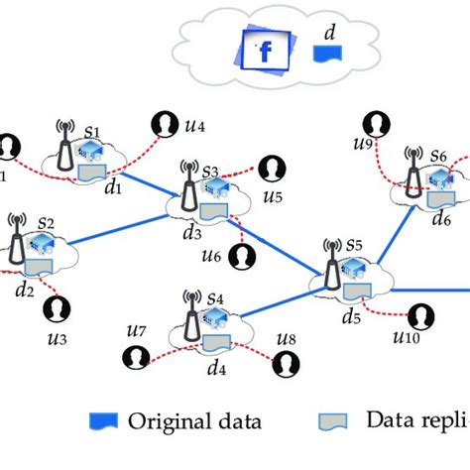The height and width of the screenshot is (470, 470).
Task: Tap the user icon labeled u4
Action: point(163,123)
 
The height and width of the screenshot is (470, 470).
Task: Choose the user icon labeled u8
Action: point(283,363)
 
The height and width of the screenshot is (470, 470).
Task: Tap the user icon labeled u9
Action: point(374,125)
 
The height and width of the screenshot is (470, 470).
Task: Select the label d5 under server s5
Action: point(350,318)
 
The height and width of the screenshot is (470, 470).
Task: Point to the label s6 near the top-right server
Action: point(437,156)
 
